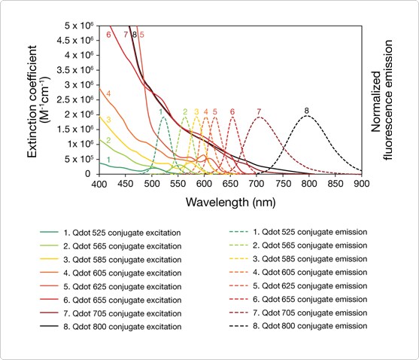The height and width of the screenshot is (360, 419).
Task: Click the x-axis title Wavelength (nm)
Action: click(229, 202)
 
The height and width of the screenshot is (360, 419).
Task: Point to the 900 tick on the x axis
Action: click(361, 183)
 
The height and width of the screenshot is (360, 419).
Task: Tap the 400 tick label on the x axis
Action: click(99, 183)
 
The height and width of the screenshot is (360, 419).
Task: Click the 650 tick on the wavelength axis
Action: click(230, 183)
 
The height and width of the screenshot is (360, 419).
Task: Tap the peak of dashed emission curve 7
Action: click(259, 115)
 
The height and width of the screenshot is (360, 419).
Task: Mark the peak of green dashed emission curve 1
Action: click(164, 115)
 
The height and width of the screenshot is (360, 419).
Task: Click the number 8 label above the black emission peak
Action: click(307, 111)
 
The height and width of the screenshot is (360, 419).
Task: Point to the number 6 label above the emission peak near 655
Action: click(232, 111)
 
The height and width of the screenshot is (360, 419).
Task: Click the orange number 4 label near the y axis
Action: click(108, 94)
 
